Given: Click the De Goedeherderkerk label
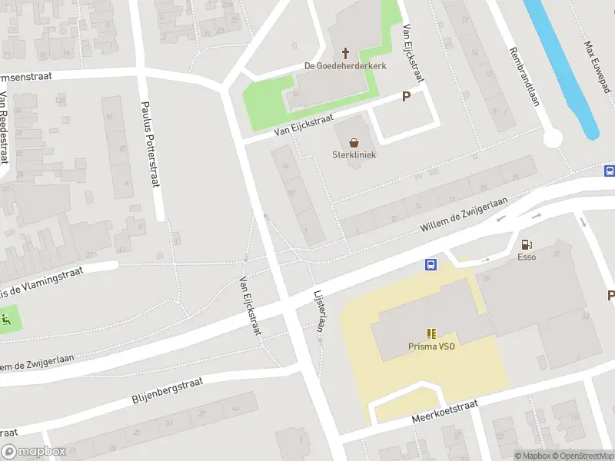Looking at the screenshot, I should tap(345, 66).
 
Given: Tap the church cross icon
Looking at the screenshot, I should tap(346, 53).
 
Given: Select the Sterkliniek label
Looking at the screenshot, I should tap(354, 154).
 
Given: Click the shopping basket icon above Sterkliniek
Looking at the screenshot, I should tap(354, 142).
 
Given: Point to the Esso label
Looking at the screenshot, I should tap(527, 257).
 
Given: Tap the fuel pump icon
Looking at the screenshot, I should tap(527, 244).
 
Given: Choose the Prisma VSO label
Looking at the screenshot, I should tap(431, 347).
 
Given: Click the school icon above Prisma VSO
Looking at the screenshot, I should tap(431, 333).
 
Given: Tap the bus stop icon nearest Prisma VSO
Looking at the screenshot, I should tap(431, 265).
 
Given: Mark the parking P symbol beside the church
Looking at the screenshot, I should tap(406, 97).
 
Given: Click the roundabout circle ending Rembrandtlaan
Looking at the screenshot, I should tap(552, 138).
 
